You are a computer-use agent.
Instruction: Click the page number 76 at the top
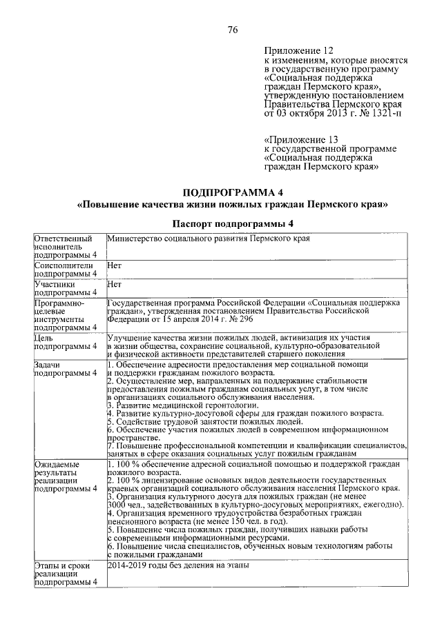233,29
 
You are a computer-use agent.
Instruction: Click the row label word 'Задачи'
48,364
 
